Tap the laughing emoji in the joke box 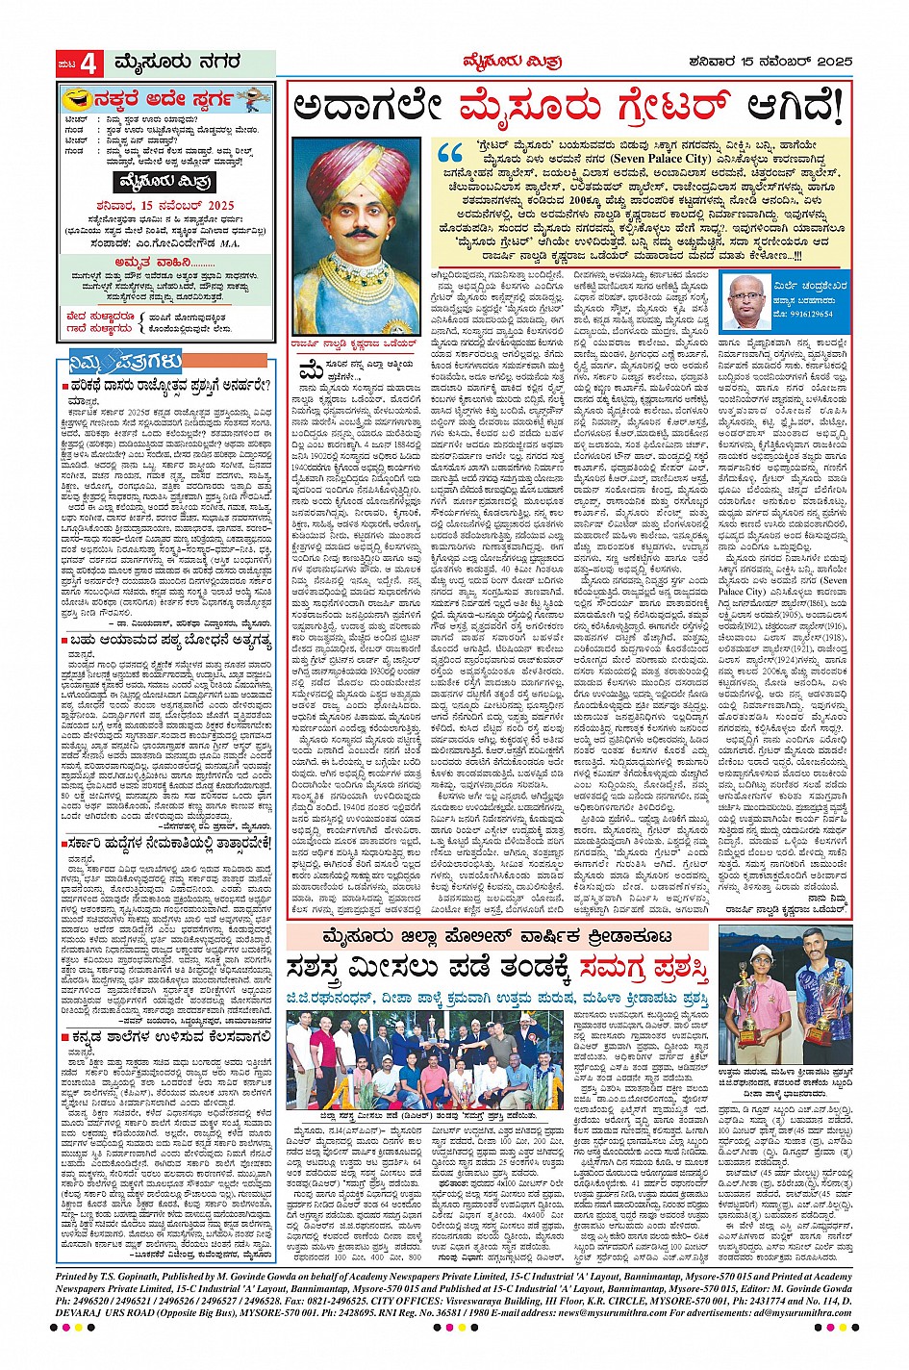coord(72,98)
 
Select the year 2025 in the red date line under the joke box coord(216,205)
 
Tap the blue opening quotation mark coord(448,155)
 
